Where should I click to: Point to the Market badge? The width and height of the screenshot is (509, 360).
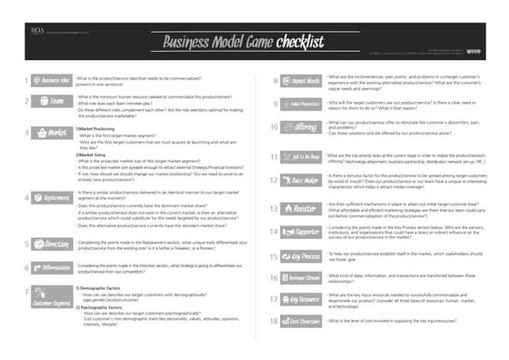pyautogui.click(x=53, y=133)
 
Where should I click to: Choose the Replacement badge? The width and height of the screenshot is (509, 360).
pyautogui.click(x=53, y=196)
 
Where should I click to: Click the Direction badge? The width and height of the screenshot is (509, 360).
pyautogui.click(x=53, y=244)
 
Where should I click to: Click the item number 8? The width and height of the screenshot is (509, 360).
pyautogui.click(x=274, y=81)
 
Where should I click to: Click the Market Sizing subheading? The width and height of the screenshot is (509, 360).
pyautogui.click(x=95, y=155)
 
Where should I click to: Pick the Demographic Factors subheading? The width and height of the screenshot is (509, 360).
pyautogui.click(x=102, y=288)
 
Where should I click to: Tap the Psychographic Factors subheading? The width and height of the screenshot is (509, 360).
pyautogui.click(x=103, y=307)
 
